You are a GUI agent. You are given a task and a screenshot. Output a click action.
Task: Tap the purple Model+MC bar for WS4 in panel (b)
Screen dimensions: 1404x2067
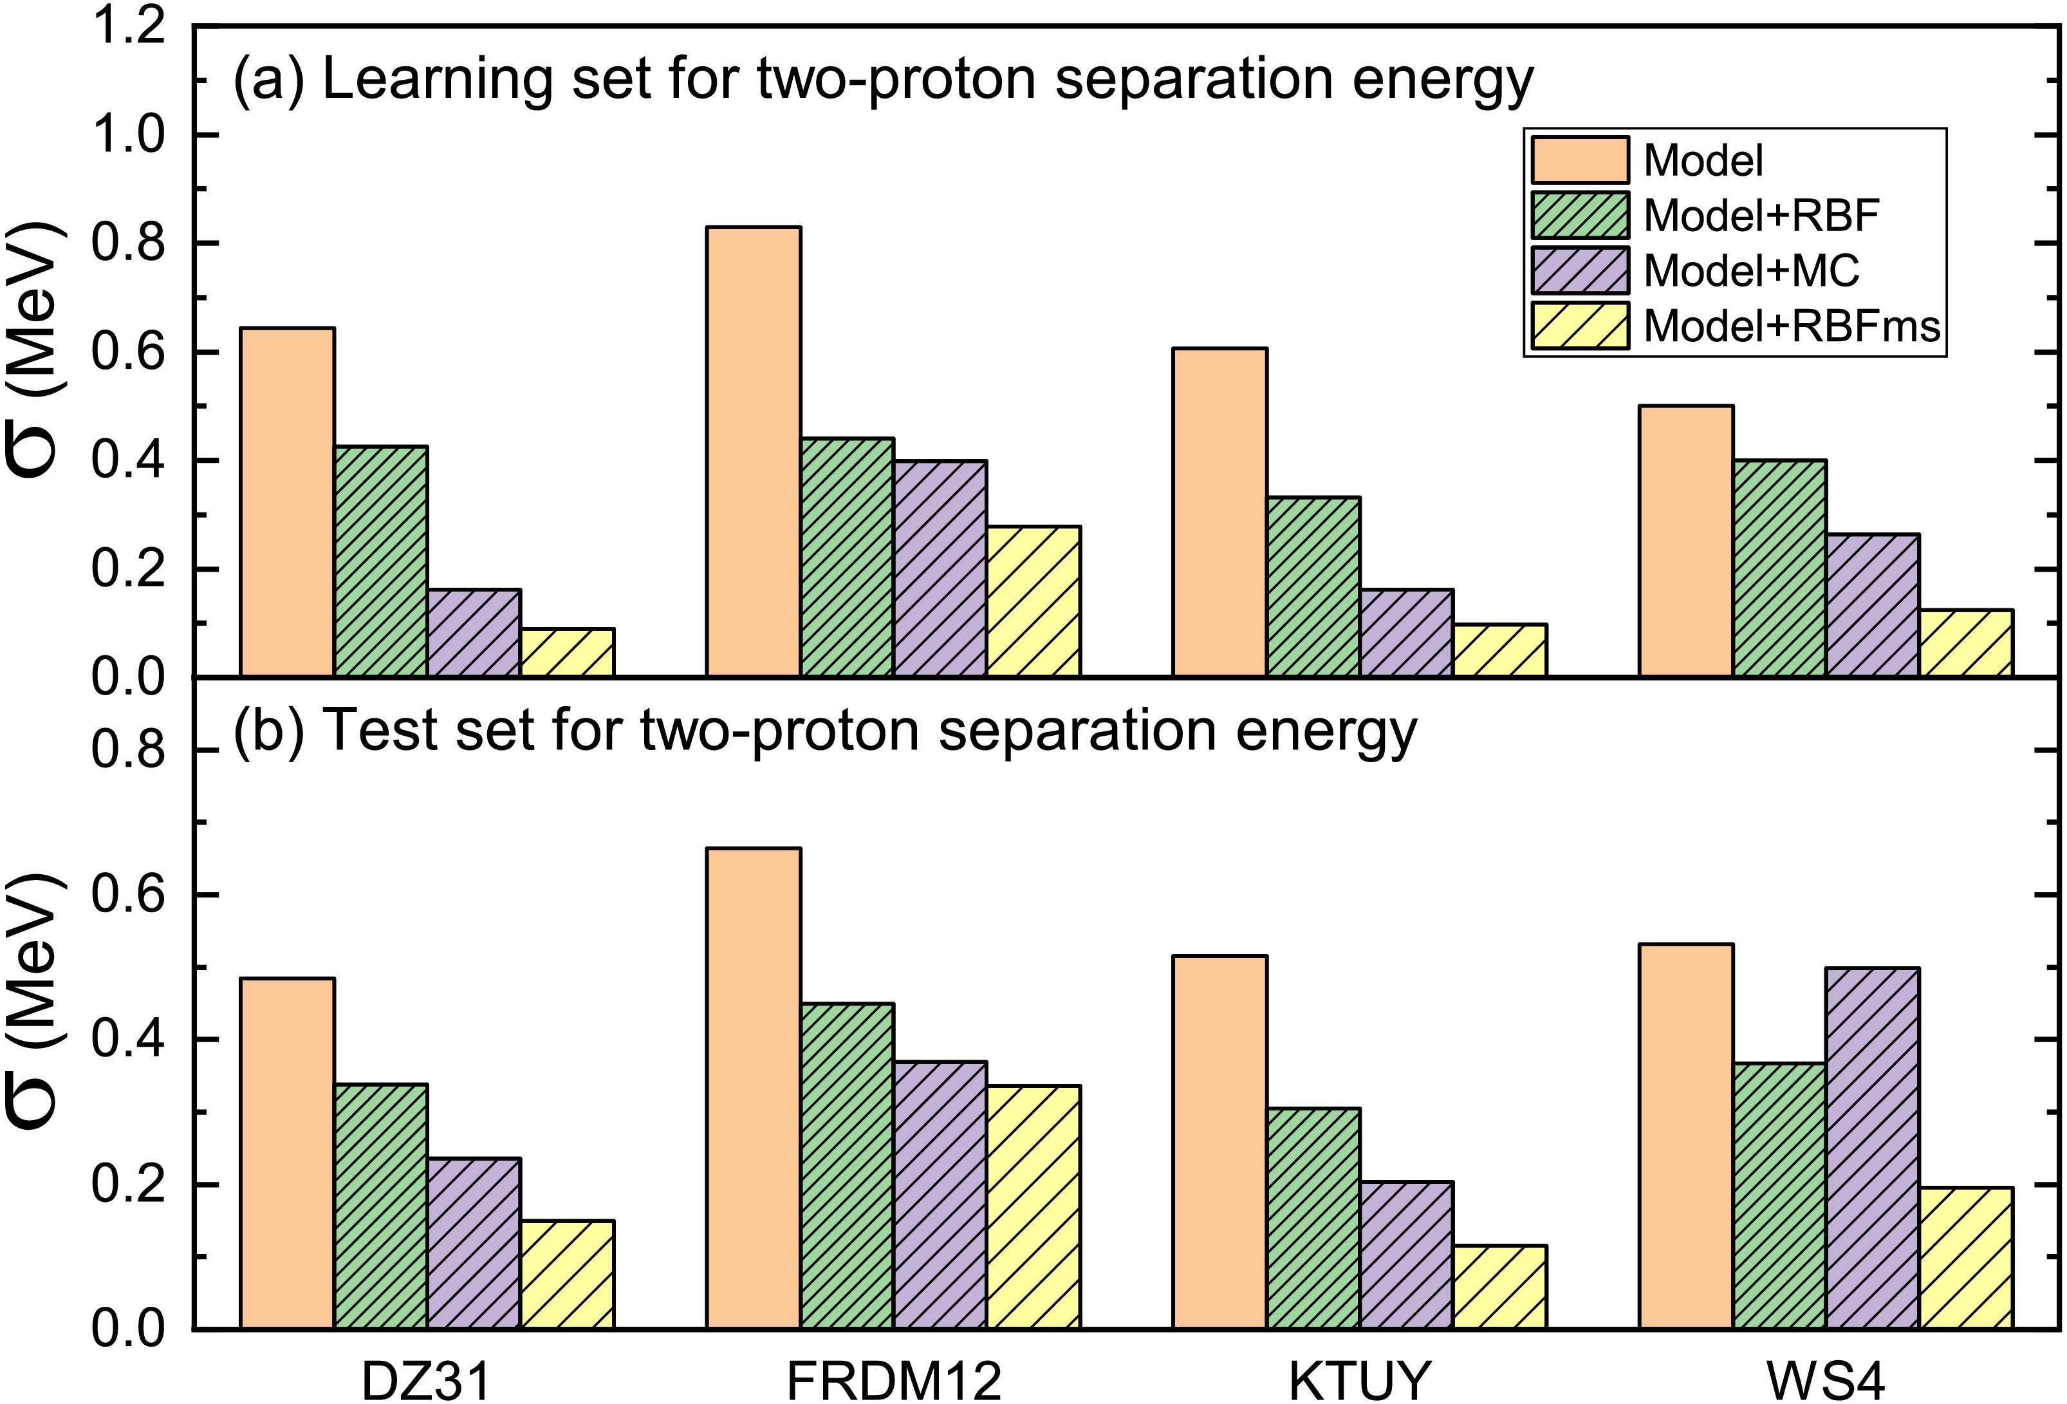[1871, 1148]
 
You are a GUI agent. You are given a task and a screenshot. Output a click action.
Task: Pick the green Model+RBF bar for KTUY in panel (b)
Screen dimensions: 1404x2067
[1313, 1219]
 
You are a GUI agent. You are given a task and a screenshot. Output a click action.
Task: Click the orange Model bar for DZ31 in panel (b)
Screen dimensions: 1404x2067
[287, 1154]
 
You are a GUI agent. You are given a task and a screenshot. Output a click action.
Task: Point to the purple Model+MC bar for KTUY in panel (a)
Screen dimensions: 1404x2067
[1406, 633]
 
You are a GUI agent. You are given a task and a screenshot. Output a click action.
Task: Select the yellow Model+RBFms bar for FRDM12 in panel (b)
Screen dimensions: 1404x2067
[1033, 1208]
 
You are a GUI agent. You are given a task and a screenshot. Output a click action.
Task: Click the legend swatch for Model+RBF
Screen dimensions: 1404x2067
[1580, 215]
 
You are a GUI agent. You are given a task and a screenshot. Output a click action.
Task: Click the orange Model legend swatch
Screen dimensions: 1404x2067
[1580, 160]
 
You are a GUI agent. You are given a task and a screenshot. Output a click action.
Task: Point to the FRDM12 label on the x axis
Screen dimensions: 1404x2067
[893, 1381]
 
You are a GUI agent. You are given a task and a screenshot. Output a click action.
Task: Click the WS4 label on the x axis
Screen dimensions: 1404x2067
[1825, 1381]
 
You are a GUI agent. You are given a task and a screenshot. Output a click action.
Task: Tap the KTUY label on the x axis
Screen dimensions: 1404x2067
[1359, 1381]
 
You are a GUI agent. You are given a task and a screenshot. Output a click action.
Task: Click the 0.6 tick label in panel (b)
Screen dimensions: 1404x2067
[129, 894]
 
